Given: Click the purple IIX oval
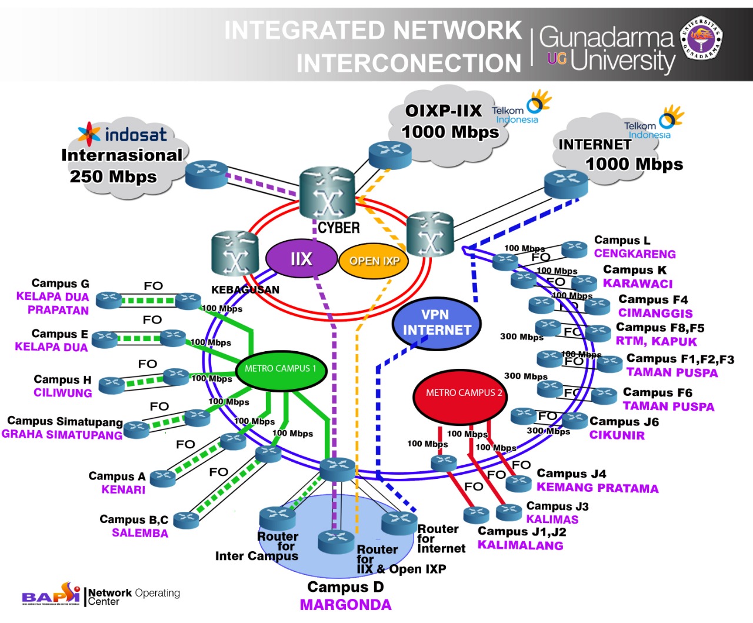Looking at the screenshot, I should coord(301,259).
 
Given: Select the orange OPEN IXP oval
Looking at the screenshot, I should coord(374,261).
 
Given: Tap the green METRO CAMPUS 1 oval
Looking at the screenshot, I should coord(281,369).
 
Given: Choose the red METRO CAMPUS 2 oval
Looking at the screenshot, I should coord(464,393).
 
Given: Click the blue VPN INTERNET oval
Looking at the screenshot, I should coord(437,323).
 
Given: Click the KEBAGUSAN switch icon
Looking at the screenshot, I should coord(235,255).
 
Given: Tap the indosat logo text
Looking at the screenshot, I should coord(135,135).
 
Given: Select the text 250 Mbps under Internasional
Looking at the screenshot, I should coord(113,176).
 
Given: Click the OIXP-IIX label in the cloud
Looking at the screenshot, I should coord(444,111).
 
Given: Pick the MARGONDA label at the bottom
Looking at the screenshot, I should coord(345,605).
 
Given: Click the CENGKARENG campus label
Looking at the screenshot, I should coord(635,254).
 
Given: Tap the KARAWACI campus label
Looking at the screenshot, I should coord(638,284).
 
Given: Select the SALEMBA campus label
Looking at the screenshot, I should coord(140,533).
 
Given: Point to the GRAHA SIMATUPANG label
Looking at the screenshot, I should coord(62,435).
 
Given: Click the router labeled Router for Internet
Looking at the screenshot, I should coord(399,521).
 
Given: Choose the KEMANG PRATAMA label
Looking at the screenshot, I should coord(597,488).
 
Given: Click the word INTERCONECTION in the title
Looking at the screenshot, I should coord(409,64).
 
